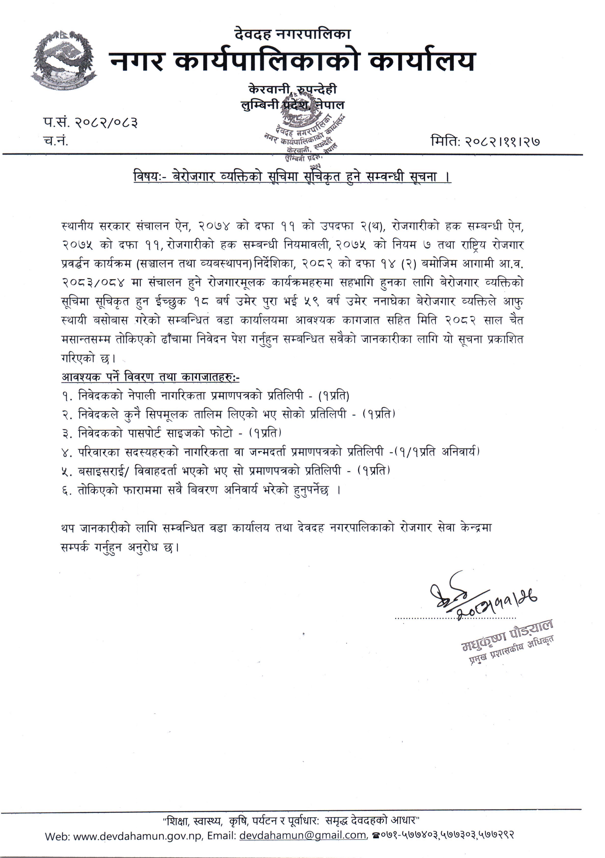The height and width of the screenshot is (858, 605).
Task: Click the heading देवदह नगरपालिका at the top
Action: coord(293,34)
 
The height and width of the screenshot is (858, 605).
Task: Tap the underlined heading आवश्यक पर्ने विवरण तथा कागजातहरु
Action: coord(150,377)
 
